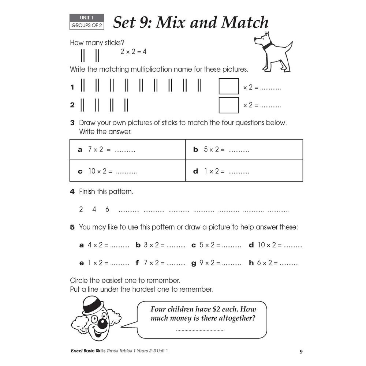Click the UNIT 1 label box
click(x=87, y=18)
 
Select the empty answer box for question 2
click(x=228, y=105)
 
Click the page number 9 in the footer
click(x=301, y=352)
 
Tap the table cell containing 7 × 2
click(x=127, y=150)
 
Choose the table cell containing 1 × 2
click(x=244, y=171)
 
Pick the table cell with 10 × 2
click(x=127, y=171)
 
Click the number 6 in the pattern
click(x=107, y=209)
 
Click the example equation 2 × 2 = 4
click(x=133, y=52)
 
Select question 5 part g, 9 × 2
click(x=216, y=263)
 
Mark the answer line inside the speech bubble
click(x=200, y=330)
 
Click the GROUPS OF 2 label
click(x=87, y=26)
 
